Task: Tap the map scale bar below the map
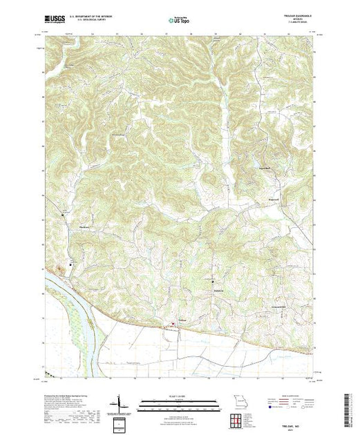tap(179, 402)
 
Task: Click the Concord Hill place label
tap(278, 307)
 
